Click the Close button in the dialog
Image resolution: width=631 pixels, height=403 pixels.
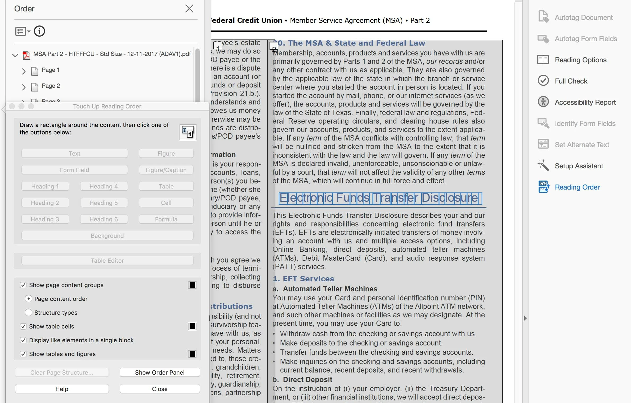coord(160,389)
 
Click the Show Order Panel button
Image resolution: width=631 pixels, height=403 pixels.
coord(160,372)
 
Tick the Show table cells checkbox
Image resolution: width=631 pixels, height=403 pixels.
coord(23,326)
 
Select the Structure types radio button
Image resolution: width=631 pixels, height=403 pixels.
coord(29,313)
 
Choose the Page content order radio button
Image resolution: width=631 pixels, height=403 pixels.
coord(29,299)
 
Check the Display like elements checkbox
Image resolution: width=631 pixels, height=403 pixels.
coord(23,340)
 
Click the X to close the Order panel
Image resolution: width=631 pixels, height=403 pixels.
coord(189,8)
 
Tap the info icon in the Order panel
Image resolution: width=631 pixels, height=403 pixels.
coord(39,31)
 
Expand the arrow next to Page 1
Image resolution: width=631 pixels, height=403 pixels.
coord(24,71)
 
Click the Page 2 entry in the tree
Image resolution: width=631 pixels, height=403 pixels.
coord(51,86)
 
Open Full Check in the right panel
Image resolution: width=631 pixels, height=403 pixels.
coord(571,81)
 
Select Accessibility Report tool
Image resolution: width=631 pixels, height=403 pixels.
coord(585,102)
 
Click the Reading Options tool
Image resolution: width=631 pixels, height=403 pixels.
coord(580,60)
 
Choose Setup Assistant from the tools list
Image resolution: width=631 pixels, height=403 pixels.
coord(579,166)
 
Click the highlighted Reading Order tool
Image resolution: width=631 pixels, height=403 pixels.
coord(577,187)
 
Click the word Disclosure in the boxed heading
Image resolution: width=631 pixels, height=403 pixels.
coord(450,198)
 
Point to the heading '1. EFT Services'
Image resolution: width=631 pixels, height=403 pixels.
coord(303,279)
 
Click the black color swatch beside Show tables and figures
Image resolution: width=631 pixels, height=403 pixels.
coord(192,354)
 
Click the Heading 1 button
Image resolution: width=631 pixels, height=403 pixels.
coord(45,186)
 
